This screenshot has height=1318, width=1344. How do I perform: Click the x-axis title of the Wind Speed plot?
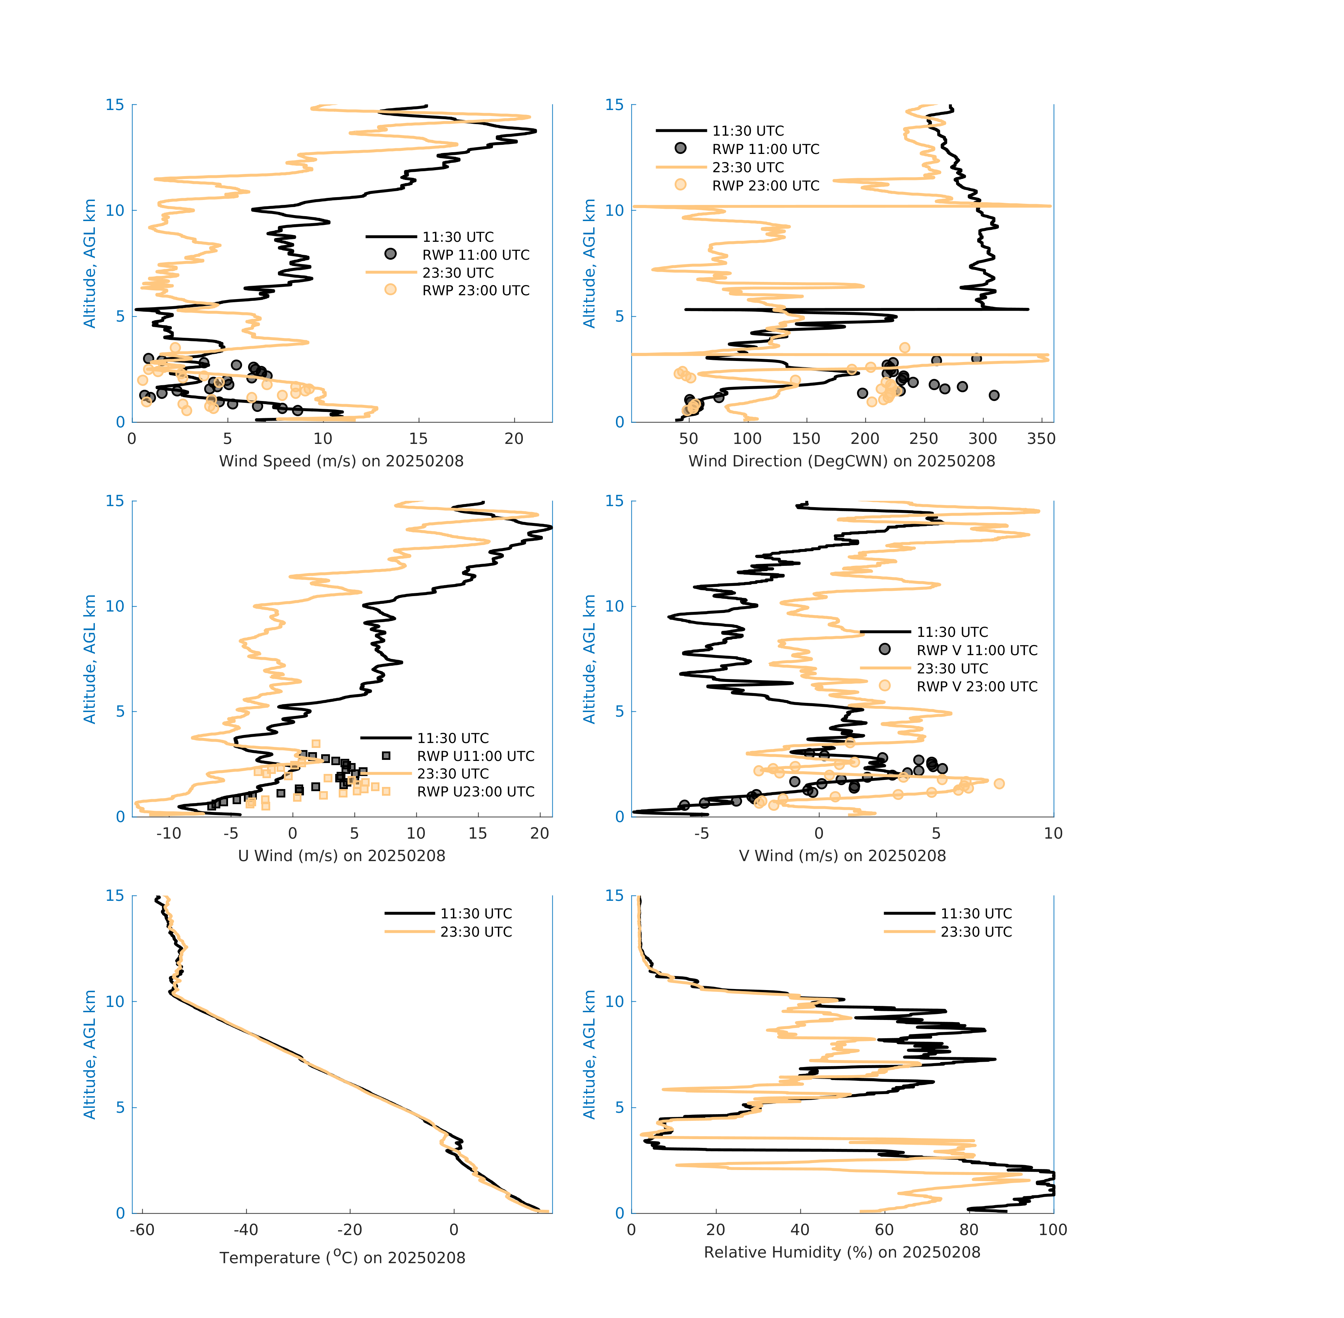click(x=341, y=461)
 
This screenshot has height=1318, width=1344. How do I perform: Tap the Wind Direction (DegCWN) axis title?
click(x=842, y=461)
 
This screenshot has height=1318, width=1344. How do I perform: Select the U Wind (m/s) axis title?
click(x=341, y=855)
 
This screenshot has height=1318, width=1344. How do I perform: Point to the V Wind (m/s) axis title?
click(x=842, y=855)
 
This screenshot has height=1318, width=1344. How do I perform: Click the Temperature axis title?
click(x=342, y=1257)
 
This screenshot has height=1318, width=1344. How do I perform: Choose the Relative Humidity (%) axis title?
click(x=842, y=1252)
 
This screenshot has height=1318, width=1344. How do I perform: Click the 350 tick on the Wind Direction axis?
click(x=1041, y=439)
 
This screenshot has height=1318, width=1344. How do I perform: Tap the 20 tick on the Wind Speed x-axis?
click(x=513, y=439)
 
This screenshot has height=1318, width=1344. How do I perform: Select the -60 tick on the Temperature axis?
click(x=142, y=1229)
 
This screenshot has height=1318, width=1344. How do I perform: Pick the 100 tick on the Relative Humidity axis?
click(x=1053, y=1229)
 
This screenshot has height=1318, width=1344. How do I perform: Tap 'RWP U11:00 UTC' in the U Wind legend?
click(x=475, y=756)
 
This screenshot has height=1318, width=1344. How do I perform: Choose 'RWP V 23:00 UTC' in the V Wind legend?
click(x=976, y=687)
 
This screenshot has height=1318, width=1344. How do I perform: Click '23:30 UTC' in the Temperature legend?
click(x=476, y=932)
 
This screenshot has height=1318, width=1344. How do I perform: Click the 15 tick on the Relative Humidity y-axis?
click(x=614, y=896)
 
